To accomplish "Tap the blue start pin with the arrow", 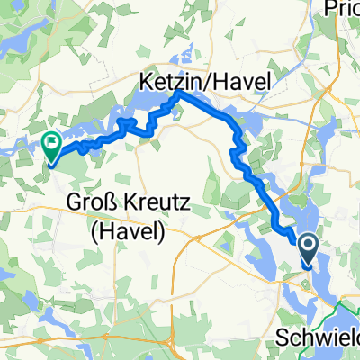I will click(306, 249).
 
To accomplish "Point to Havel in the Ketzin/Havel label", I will click(242, 82).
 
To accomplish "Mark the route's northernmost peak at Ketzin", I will click(178, 93).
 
